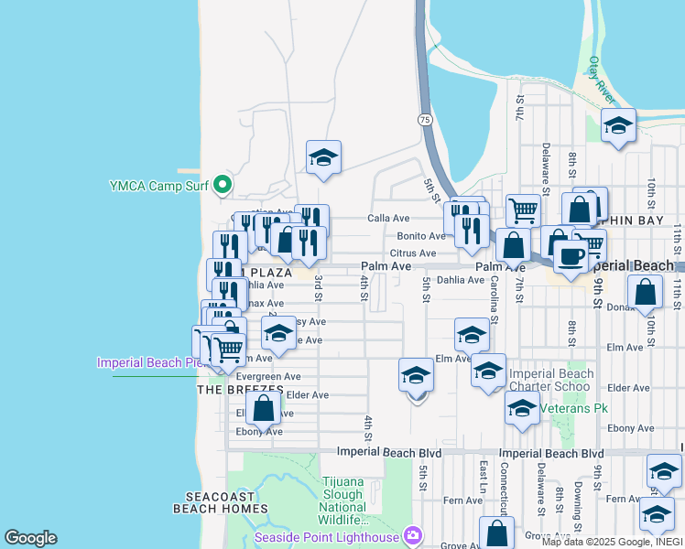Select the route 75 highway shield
[x=425, y=120]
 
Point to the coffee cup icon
[x=571, y=257]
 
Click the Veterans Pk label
[x=574, y=408]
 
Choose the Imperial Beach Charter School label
[x=551, y=380]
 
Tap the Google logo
[x=30, y=538]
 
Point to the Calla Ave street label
[x=388, y=219]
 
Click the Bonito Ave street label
[x=420, y=236]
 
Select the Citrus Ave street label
[x=413, y=253]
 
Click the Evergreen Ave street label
[x=268, y=376]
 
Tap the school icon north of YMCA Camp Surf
[x=323, y=159]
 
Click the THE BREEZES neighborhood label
[x=240, y=390]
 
